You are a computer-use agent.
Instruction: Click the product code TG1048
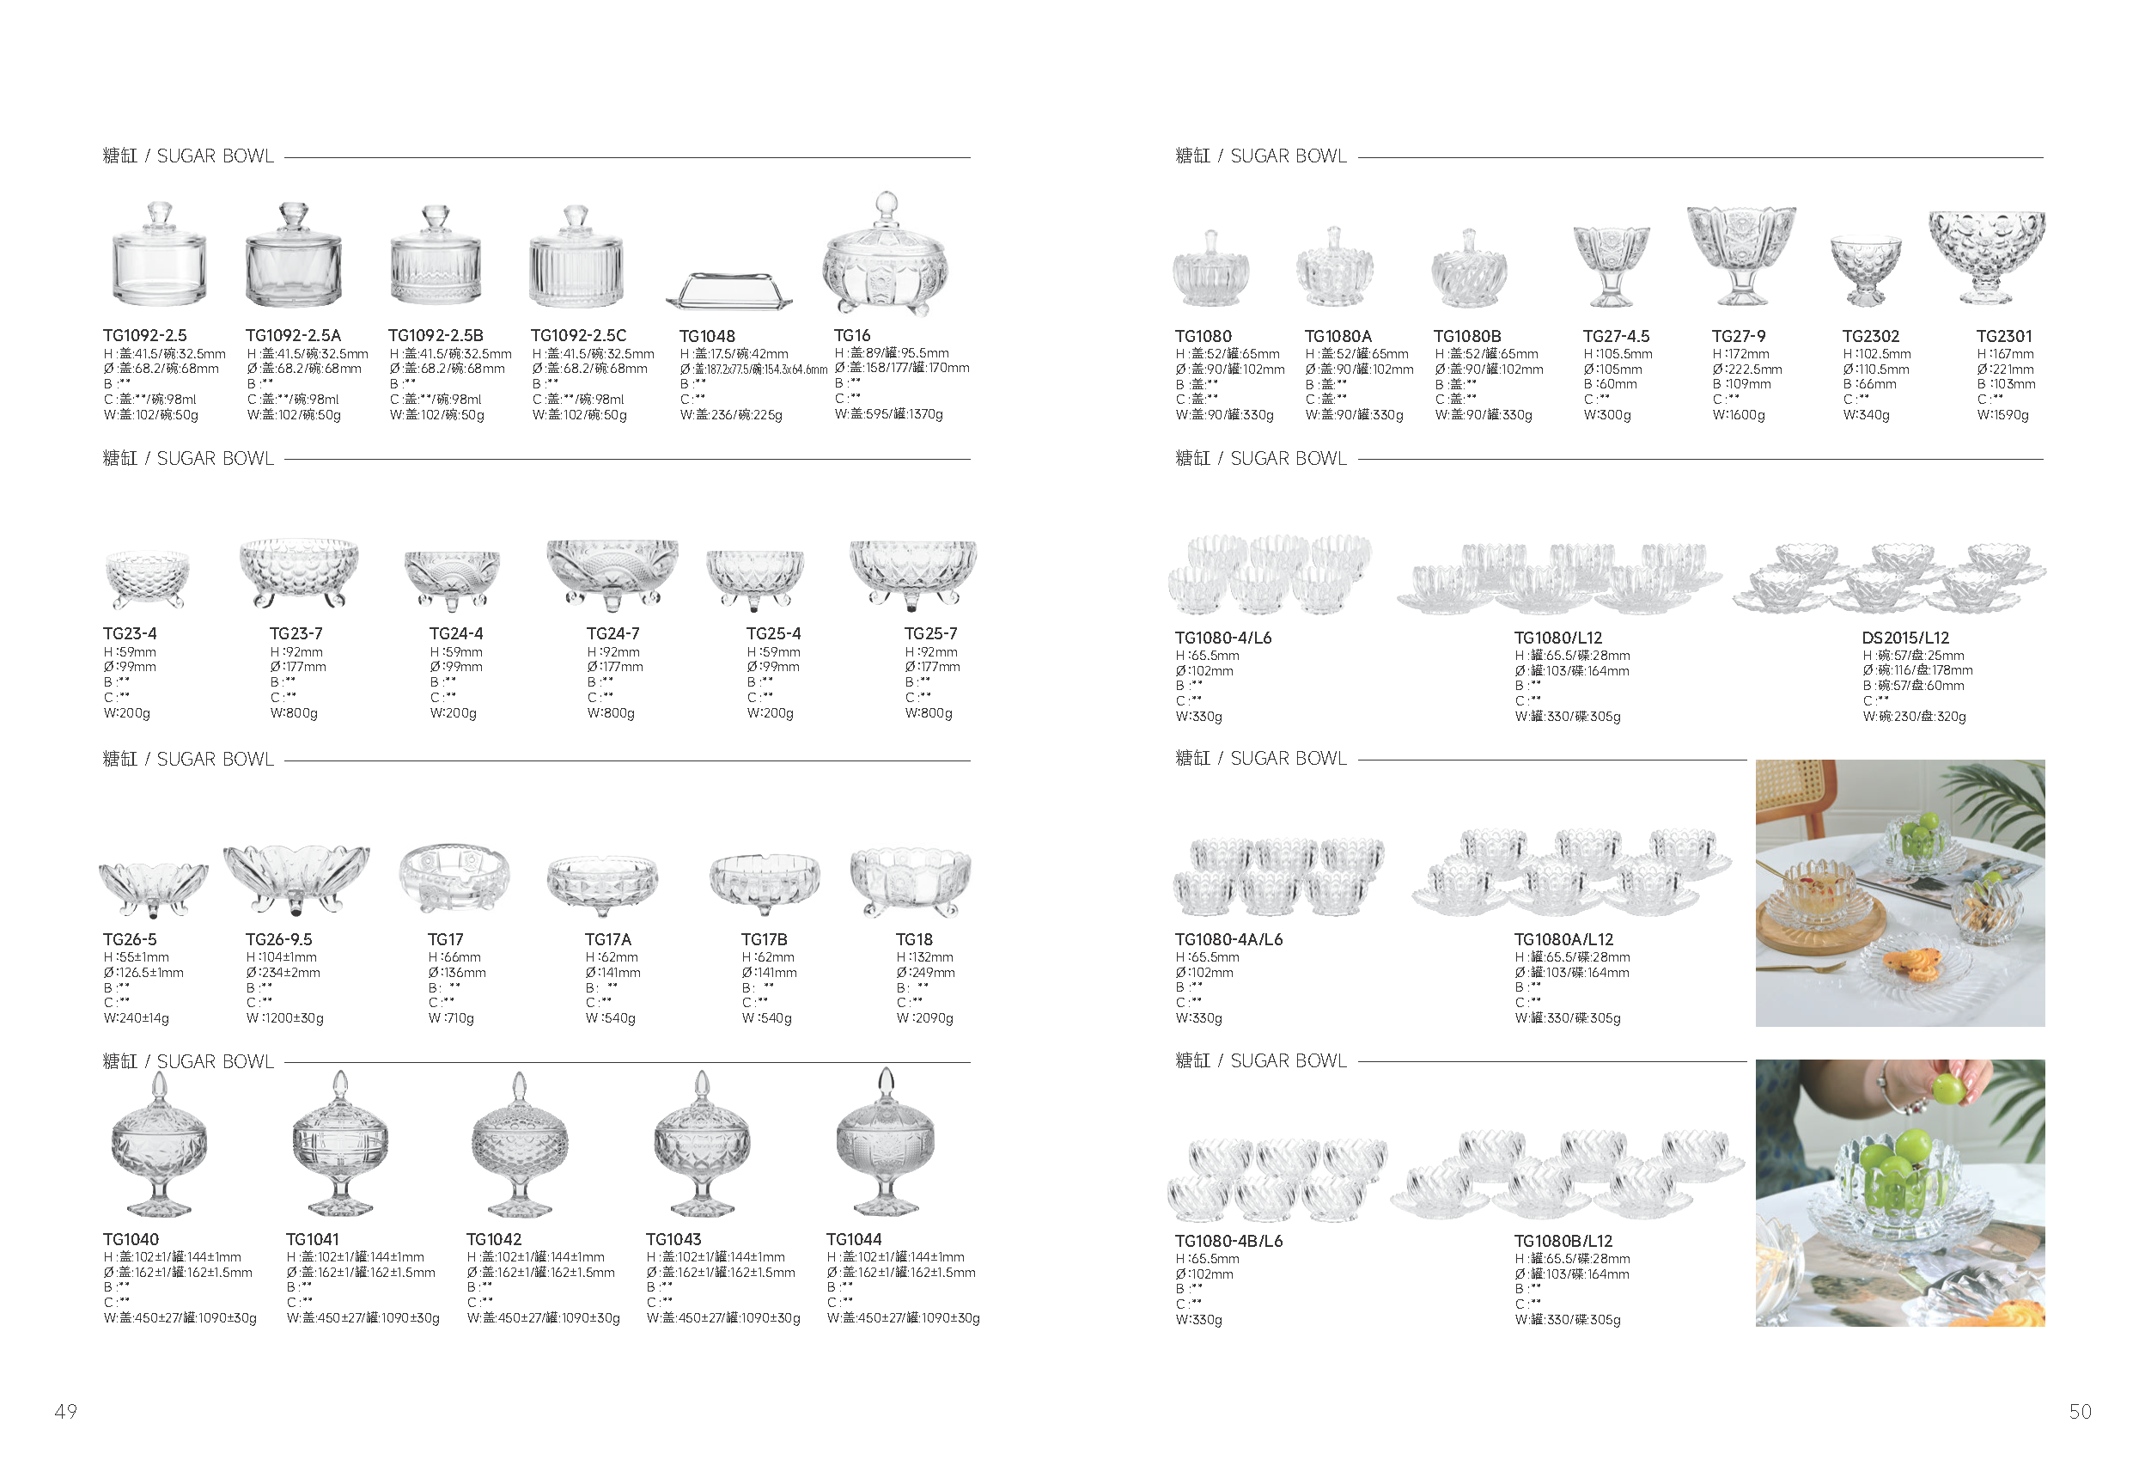707,336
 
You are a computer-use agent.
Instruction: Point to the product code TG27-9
1738,336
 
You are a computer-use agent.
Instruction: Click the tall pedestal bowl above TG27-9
1740,256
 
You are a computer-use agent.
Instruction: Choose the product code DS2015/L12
1905,638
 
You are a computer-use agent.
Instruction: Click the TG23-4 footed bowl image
148,579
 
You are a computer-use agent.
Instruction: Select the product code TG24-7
612,633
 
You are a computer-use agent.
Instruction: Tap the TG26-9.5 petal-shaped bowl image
296,879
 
